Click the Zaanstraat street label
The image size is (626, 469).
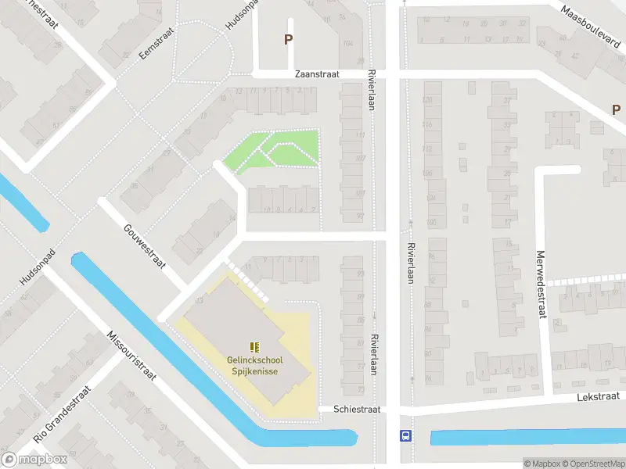click(x=317, y=74)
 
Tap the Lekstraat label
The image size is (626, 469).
click(x=599, y=397)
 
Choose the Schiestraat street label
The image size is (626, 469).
click(x=357, y=409)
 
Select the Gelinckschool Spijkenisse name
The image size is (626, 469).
click(x=256, y=365)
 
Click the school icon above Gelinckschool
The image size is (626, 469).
click(x=254, y=346)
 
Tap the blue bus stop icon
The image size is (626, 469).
click(x=405, y=435)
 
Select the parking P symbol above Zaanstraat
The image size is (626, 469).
click(x=288, y=39)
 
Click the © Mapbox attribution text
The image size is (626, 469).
click(x=540, y=464)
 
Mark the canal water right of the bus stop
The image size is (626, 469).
click(x=524, y=437)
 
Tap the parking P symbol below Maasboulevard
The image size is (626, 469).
click(x=617, y=110)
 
